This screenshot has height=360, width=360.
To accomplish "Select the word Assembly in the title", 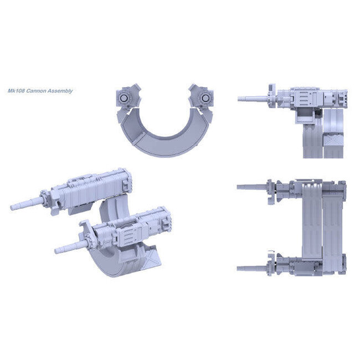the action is [x=60, y=91].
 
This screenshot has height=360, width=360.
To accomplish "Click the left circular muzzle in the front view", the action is [x=124, y=99].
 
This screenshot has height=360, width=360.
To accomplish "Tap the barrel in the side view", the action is [x=253, y=99].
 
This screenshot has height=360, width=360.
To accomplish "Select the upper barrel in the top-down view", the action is [x=252, y=187].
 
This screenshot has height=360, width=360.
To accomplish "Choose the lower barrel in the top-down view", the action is [x=252, y=268].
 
